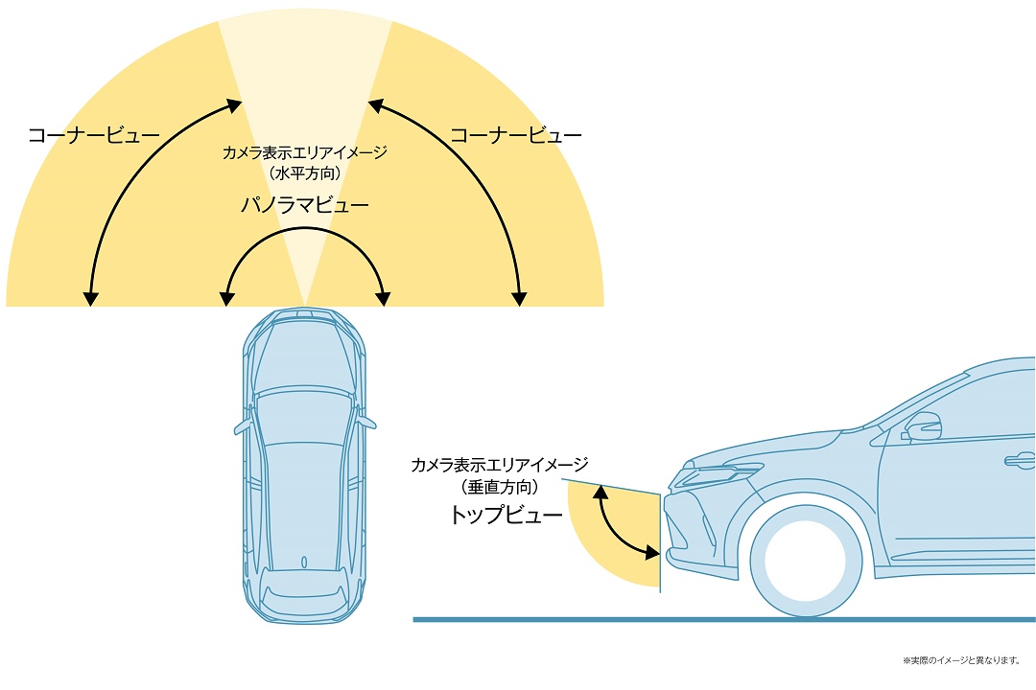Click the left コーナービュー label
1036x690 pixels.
[94, 135]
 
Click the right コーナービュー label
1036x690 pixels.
[515, 135]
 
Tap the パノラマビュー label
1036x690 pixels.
[305, 205]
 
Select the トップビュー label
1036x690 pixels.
[506, 515]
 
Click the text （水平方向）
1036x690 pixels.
[305, 173]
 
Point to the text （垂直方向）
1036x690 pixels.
[500, 487]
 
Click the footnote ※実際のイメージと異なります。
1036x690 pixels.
[961, 660]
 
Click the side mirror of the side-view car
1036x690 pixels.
[922, 426]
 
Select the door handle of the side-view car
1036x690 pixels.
[1020, 460]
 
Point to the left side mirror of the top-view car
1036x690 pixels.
[243, 425]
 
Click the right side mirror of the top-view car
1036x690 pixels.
[366, 422]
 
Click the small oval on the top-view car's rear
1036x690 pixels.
[304, 563]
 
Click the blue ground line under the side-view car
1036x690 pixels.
[724, 619]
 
